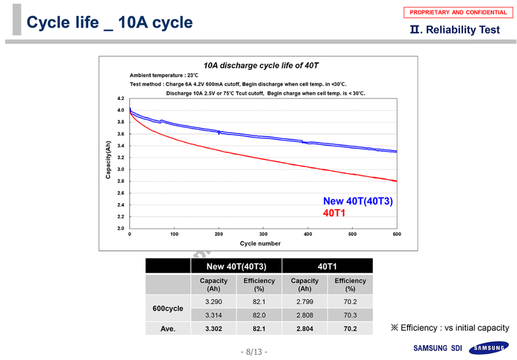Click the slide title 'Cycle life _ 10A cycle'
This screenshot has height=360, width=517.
110,23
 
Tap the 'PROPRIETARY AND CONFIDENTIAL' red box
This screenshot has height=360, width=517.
458,13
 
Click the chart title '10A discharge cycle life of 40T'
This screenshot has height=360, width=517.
261,66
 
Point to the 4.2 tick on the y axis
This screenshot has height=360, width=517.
121,98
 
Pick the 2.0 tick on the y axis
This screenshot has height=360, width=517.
121,228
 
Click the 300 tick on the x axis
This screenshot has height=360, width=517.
264,234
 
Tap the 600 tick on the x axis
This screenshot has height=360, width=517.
397,234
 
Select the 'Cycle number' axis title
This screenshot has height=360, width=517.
260,243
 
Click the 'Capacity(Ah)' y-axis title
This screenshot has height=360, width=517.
108,160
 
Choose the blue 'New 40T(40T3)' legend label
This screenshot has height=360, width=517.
358,201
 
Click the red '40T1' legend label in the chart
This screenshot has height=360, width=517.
334,213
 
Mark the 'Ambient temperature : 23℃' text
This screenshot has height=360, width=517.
164,75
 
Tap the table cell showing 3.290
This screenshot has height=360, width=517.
214,301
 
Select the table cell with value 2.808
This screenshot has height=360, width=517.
304,315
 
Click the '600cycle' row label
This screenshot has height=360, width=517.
168,308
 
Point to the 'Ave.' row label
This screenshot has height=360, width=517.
168,329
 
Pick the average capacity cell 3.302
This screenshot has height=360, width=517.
214,329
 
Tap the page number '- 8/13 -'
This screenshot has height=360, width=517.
253,352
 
